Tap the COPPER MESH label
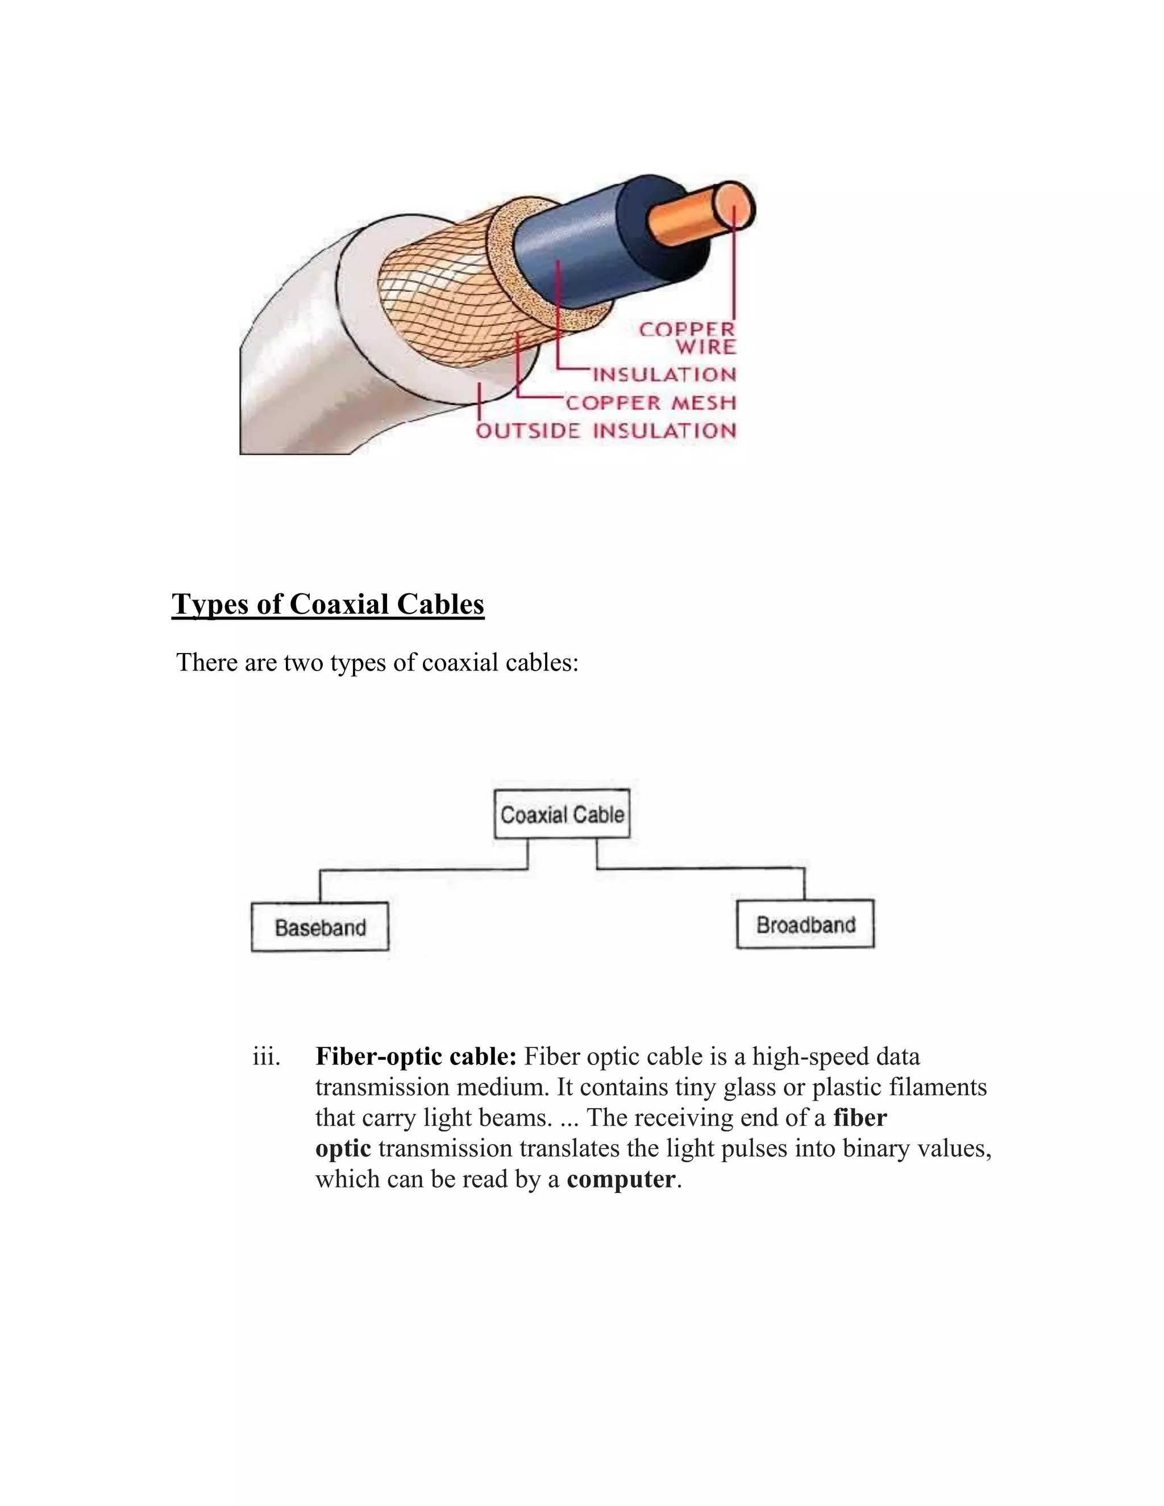pyautogui.click(x=650, y=403)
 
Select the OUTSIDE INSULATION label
pyautogui.click(x=606, y=431)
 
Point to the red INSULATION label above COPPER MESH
pyautogui.click(x=664, y=375)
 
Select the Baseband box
pyautogui.click(x=320, y=927)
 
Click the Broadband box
pyautogui.click(x=805, y=925)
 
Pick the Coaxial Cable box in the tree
pyautogui.click(x=562, y=814)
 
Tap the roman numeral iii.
pyautogui.click(x=266, y=1056)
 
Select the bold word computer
pyautogui.click(x=621, y=1179)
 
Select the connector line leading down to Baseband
pyautogui.click(x=320, y=885)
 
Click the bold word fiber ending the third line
pyautogui.click(x=860, y=1118)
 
